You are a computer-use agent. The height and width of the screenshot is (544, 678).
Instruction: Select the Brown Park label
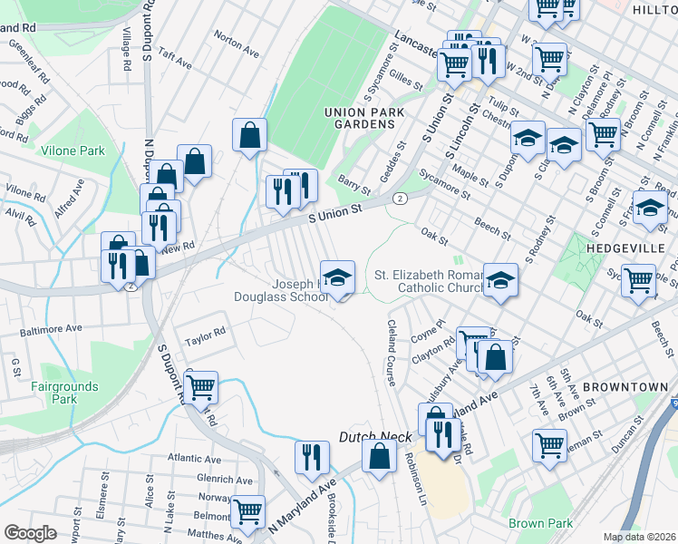click(540, 523)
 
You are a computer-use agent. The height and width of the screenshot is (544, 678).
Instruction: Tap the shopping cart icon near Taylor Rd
click(200, 387)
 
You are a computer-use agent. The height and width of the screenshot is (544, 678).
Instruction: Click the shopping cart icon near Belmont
click(247, 510)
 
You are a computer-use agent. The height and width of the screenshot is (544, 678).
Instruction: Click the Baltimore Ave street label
click(52, 328)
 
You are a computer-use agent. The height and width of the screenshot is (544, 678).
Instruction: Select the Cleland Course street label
click(392, 353)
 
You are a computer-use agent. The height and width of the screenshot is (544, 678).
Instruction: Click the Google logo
click(30, 533)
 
